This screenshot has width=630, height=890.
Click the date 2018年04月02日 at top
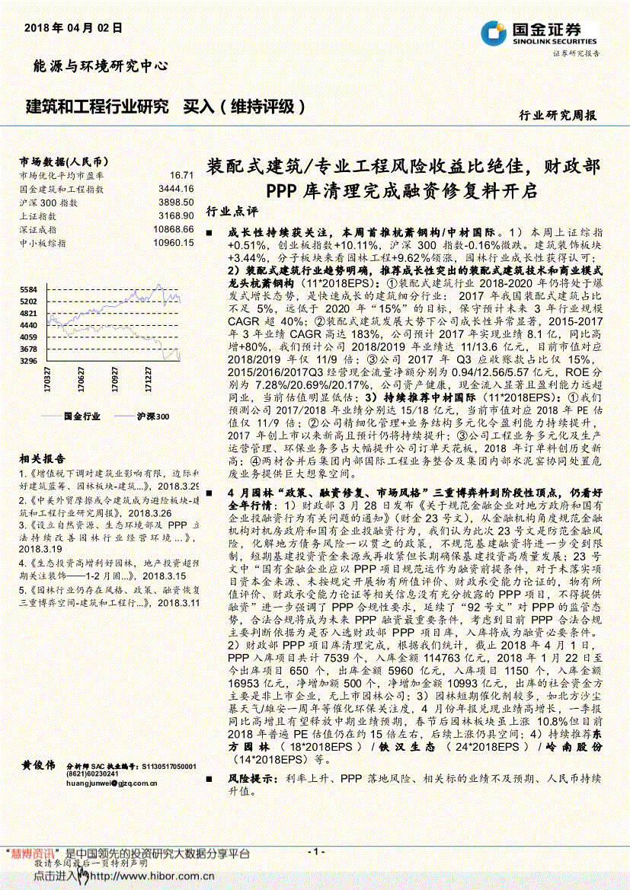pyautogui.click(x=73, y=28)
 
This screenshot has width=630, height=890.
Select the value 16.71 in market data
pyautogui.click(x=182, y=175)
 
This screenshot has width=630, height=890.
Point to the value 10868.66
pyautogui.click(x=173, y=229)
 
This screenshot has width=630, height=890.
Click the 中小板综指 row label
pyautogui.click(x=43, y=243)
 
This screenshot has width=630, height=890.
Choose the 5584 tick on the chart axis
pyautogui.click(x=28, y=290)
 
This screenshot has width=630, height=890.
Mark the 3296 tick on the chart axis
pyautogui.click(x=28, y=361)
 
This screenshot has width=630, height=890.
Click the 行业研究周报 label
pyautogui.click(x=558, y=116)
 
